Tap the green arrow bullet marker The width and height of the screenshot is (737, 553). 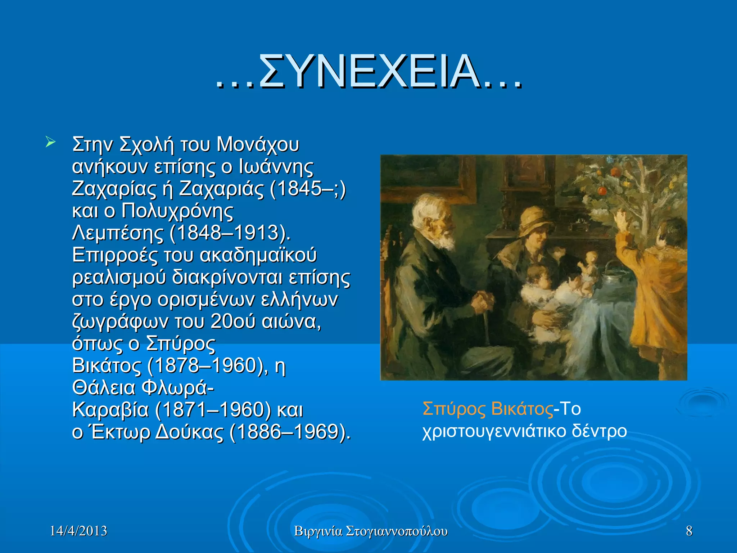coord(50,142)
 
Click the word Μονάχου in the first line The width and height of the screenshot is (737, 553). coord(258,145)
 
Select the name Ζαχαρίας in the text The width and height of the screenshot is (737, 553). coord(114,189)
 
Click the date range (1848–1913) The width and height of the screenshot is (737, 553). coord(230,233)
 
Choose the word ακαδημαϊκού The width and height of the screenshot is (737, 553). coord(258,255)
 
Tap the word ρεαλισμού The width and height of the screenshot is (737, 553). coord(119,278)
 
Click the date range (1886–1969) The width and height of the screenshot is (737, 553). coord(290,432)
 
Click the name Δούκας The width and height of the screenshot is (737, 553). coord(189,432)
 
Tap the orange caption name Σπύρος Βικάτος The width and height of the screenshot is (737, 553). coord(488,409)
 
